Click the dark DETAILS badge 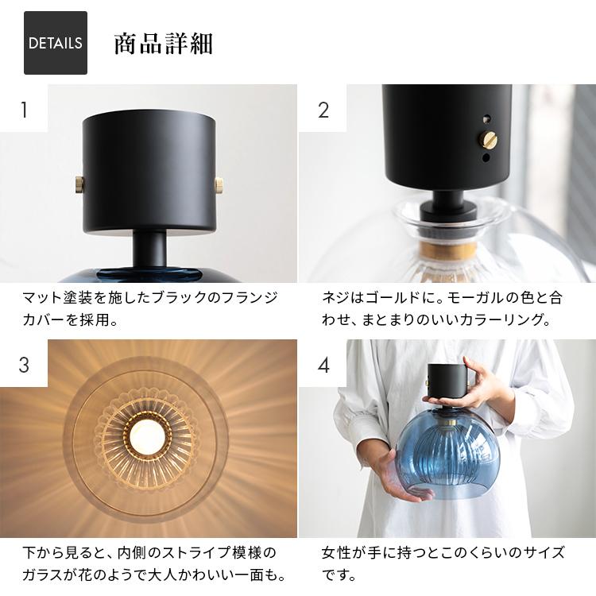pos(56,43)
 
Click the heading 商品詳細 pos(164,45)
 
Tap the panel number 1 pos(25,110)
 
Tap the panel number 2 pos(323,110)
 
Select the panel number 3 pos(24,365)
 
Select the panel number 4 pos(323,365)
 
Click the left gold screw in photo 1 pos(79,185)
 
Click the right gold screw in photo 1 pos(219,185)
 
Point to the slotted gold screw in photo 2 pos(490,140)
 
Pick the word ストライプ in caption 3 pos(196,552)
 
